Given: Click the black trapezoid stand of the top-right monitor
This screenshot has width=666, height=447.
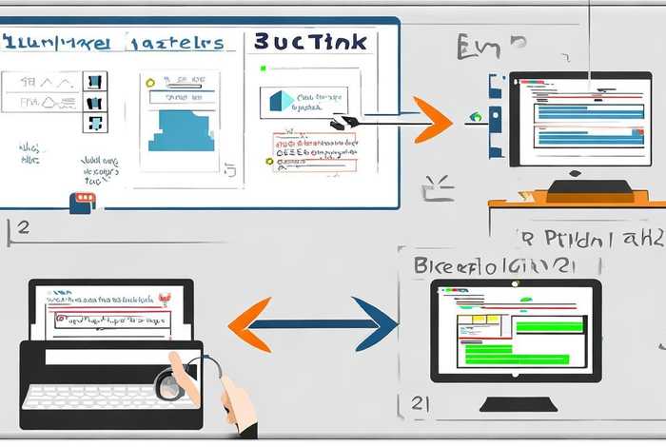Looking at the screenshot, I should [x=575, y=185].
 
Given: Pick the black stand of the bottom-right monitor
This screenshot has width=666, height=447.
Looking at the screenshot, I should [x=519, y=403].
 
